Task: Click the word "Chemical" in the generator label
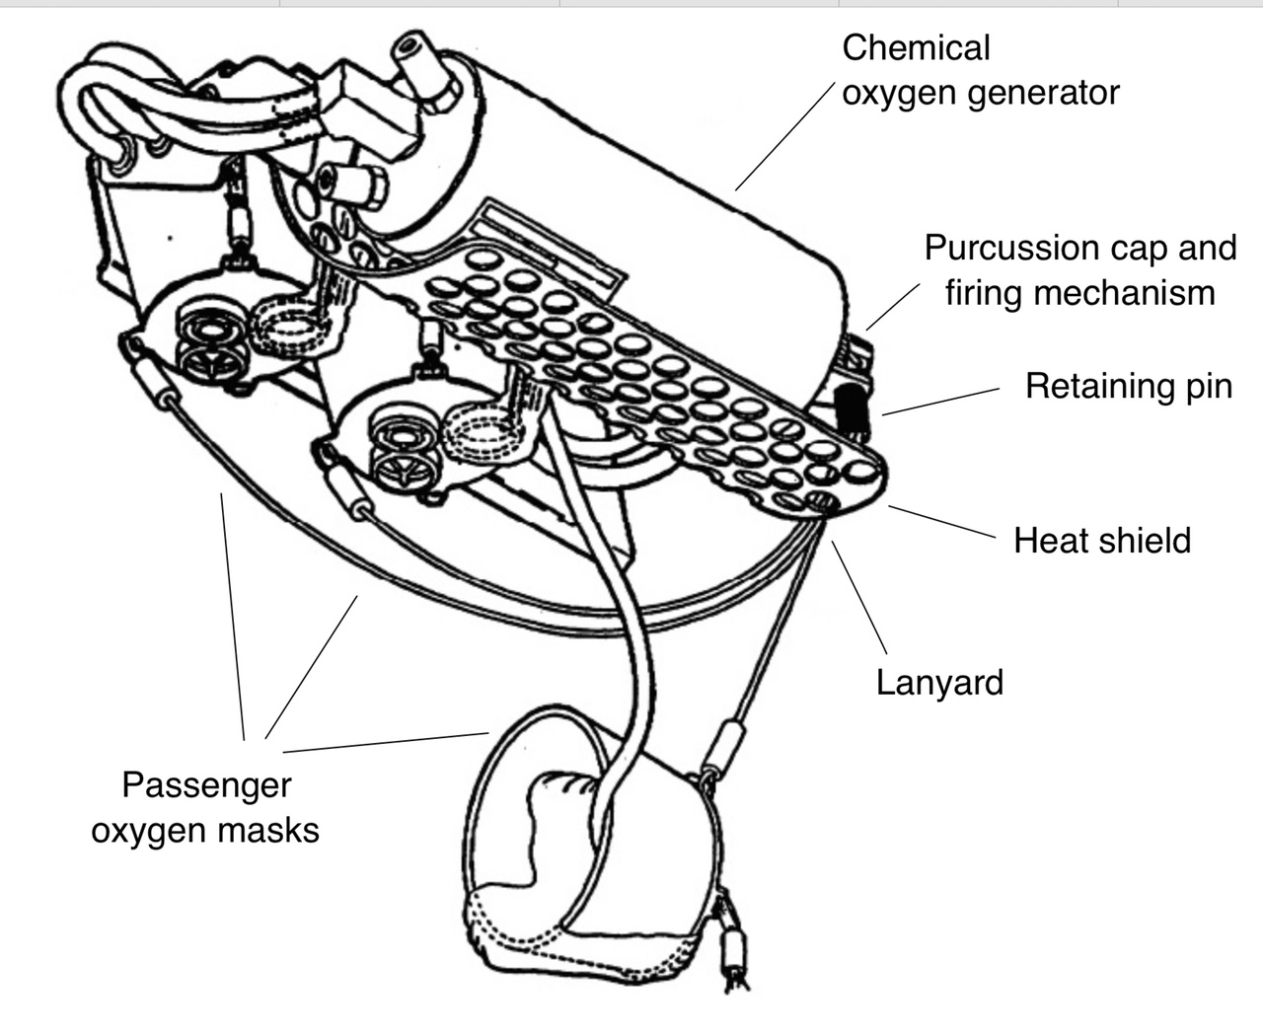[916, 48]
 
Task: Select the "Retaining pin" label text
[1129, 385]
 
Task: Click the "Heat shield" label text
[1102, 541]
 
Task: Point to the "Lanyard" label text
[939, 682]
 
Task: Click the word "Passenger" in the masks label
[206, 785]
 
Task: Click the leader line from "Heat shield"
[942, 523]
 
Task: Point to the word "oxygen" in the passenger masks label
[149, 831]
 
